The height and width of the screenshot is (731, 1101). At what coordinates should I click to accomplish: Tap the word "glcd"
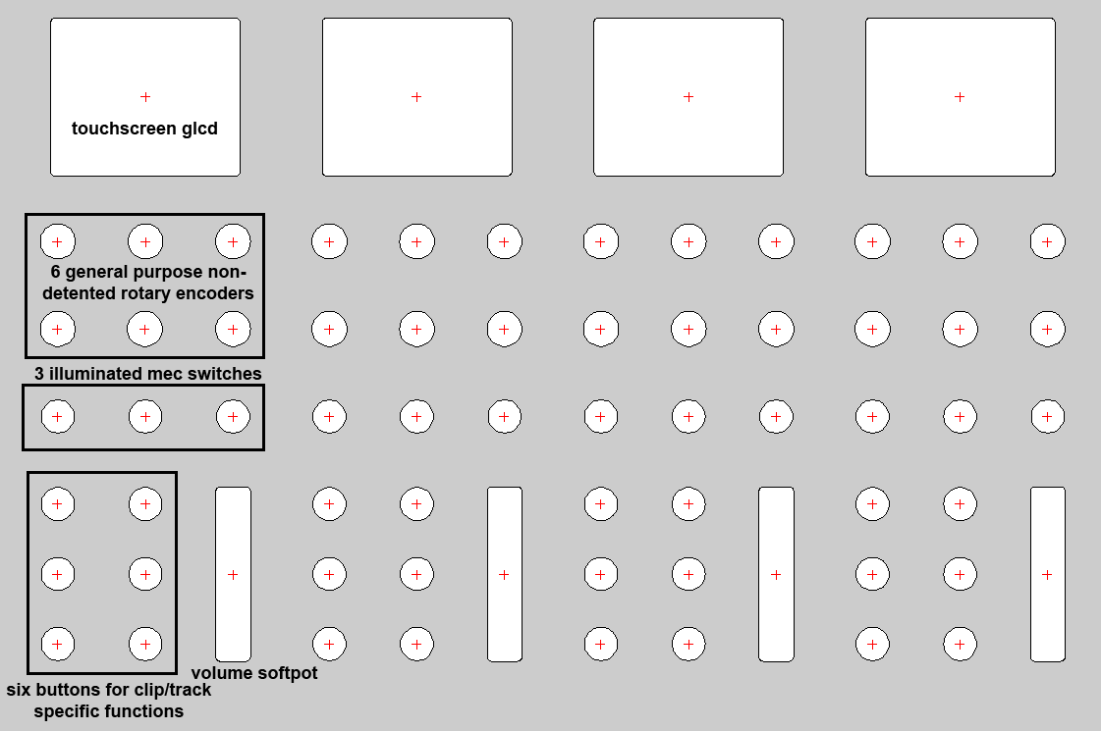pyautogui.click(x=199, y=130)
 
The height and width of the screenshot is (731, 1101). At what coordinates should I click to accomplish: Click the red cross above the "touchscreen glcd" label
pyautogui.click(x=145, y=97)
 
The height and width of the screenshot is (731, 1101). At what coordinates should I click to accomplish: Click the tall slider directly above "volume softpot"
pyautogui.click(x=233, y=574)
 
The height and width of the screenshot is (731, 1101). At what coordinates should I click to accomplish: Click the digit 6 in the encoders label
pyautogui.click(x=55, y=272)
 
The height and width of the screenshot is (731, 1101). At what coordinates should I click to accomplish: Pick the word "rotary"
pyautogui.click(x=147, y=294)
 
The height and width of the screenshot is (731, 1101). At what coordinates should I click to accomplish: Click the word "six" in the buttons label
pyautogui.click(x=19, y=691)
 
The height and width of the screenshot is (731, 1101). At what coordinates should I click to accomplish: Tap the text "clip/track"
pyautogui.click(x=166, y=691)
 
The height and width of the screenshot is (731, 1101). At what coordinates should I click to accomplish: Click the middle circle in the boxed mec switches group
pyautogui.click(x=145, y=417)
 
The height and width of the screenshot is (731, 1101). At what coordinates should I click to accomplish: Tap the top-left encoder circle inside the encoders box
pyautogui.click(x=58, y=242)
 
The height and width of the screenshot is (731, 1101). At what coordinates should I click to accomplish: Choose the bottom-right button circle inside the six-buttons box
pyautogui.click(x=145, y=644)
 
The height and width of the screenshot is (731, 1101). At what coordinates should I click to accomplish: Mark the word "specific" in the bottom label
pyautogui.click(x=66, y=712)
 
